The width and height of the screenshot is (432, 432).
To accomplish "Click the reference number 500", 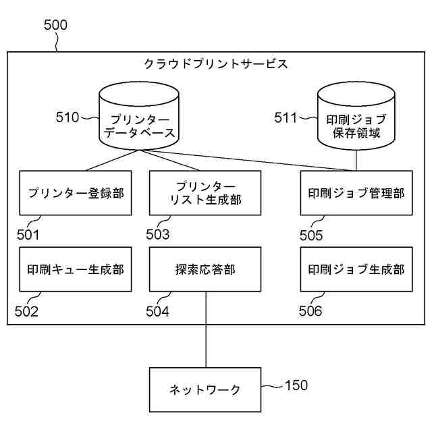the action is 55,25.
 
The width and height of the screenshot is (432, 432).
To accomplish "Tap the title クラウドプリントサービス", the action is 216,64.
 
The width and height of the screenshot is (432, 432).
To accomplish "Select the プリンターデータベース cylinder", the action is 139,115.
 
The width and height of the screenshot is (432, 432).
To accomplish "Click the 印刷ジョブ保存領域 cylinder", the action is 356,115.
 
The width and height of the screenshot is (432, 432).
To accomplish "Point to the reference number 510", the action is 67,117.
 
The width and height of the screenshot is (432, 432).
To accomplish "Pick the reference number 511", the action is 286,117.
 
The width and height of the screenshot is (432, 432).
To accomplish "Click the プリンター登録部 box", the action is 76,193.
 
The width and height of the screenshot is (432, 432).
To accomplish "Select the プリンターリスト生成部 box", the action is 205,193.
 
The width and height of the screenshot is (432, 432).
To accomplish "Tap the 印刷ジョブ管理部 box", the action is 356,193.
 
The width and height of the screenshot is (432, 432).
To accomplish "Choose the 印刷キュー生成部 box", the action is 76,269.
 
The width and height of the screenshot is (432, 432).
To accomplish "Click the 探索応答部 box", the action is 205,269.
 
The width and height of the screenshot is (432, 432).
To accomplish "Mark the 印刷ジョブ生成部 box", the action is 356,269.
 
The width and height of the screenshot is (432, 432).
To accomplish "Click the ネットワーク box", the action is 205,389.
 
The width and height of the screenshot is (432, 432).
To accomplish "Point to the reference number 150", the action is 296,385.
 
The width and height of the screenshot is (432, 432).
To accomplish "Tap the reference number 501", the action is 28,235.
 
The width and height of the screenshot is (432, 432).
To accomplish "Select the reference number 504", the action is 157,312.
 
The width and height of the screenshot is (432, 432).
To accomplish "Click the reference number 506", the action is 310,311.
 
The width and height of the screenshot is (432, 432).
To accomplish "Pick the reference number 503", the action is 157,235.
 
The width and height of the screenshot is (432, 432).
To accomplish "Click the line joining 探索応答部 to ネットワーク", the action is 206,329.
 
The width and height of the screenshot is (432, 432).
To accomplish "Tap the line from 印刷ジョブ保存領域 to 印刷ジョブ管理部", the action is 356,161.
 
